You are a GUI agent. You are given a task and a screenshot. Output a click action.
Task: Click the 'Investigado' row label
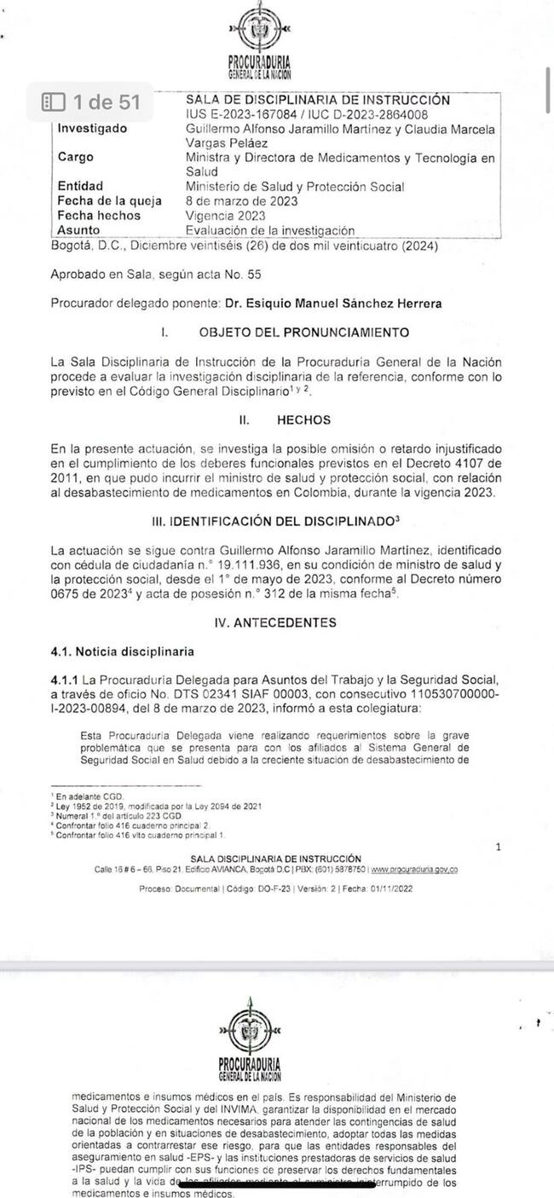92,129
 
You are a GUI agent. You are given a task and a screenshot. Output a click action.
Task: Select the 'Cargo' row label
76,158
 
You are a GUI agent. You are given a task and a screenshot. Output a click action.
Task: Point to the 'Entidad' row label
80,187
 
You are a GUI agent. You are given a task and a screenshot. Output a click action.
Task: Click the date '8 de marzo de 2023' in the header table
240,201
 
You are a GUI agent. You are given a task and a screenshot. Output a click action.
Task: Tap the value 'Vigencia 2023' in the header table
225,216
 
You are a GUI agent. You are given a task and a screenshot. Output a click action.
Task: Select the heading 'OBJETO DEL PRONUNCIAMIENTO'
303,332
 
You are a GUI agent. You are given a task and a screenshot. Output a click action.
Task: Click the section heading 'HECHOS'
303,420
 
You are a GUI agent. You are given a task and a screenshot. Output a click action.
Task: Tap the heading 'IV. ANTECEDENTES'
276,622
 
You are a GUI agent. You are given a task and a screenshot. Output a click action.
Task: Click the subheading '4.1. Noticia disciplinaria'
122,651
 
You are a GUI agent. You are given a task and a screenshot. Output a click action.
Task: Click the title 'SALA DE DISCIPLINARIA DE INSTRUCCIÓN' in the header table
318,100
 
